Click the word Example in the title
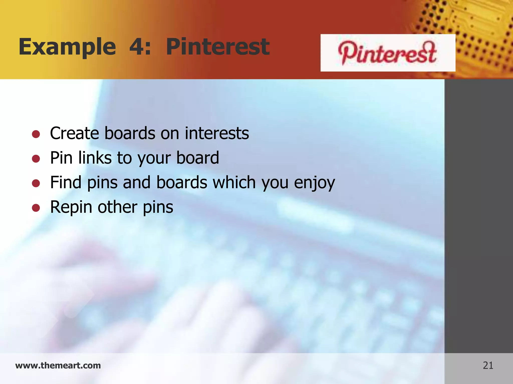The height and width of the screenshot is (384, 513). point(67,47)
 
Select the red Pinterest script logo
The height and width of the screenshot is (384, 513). point(387,53)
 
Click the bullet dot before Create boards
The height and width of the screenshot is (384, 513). point(36,134)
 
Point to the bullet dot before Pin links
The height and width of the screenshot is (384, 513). point(36,159)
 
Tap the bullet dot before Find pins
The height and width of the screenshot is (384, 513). point(36,183)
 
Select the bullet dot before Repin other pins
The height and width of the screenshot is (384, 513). point(36,208)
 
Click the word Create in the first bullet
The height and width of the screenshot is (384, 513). point(74,133)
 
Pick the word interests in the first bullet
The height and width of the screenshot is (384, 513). point(217,133)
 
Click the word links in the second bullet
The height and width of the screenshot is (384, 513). point(95,158)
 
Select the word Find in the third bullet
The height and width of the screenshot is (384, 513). point(66,182)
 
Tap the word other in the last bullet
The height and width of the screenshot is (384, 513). point(117,207)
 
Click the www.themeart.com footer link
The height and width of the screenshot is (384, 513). point(58,365)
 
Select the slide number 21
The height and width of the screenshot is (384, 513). point(488,365)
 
